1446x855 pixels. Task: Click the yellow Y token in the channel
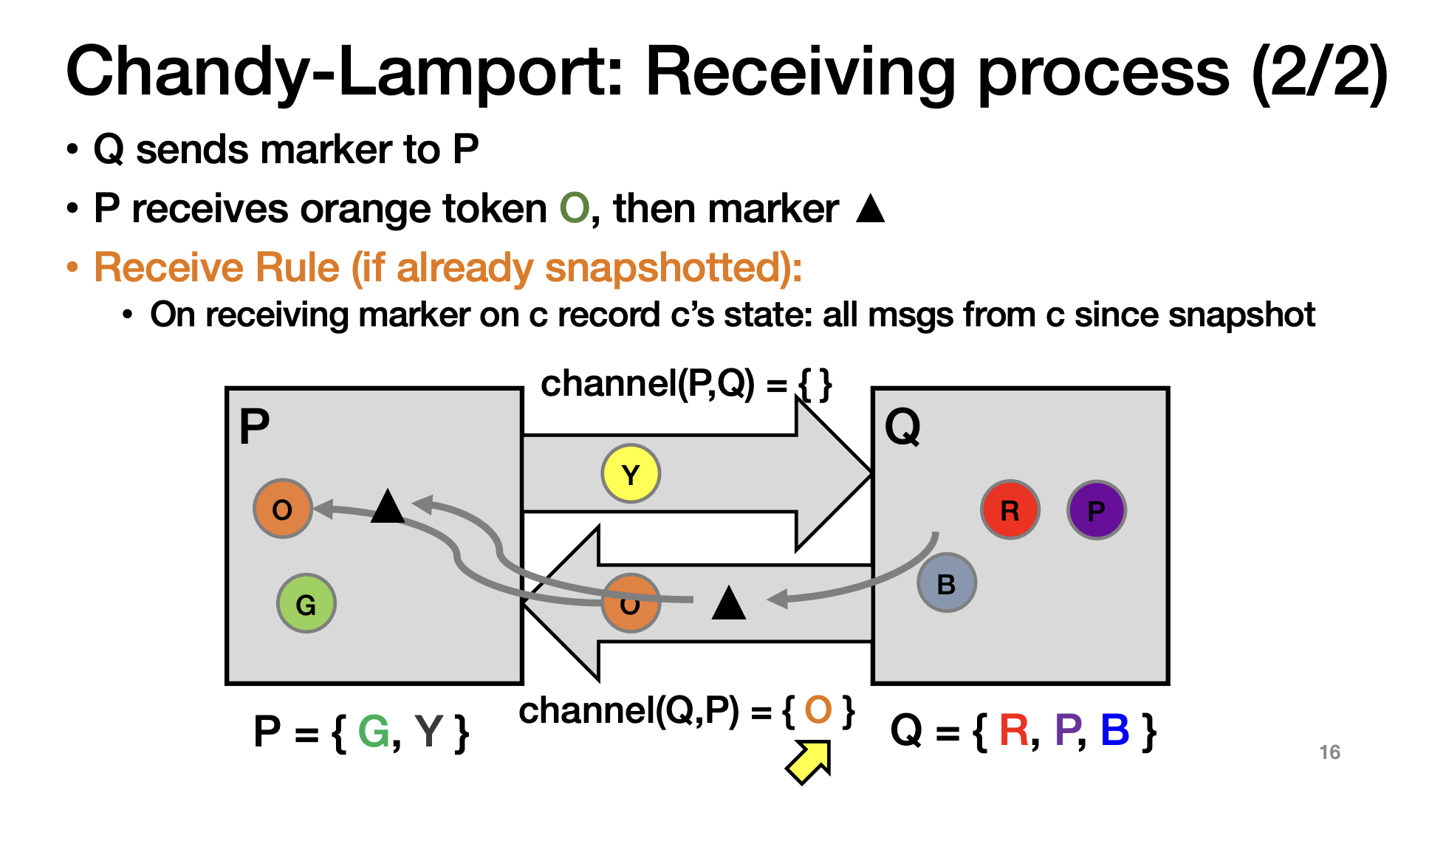631,473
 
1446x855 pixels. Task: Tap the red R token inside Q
1010,509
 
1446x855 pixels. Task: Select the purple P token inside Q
1097,509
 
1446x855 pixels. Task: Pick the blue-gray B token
946,583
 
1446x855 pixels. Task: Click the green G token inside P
306,604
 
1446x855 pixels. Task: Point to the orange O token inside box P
283,509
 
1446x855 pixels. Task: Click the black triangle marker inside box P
388,507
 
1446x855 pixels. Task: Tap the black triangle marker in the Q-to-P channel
729,603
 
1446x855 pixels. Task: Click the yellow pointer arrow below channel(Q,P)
809,762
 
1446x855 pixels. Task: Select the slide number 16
1329,752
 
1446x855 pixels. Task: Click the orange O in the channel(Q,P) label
818,710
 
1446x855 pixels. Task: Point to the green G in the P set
374,732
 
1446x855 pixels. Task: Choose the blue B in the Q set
1114,730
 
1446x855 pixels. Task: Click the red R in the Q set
1013,730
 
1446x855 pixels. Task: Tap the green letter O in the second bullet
575,208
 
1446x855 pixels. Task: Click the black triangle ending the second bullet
870,209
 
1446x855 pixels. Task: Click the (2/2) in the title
1319,72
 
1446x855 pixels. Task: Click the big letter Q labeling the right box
902,426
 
